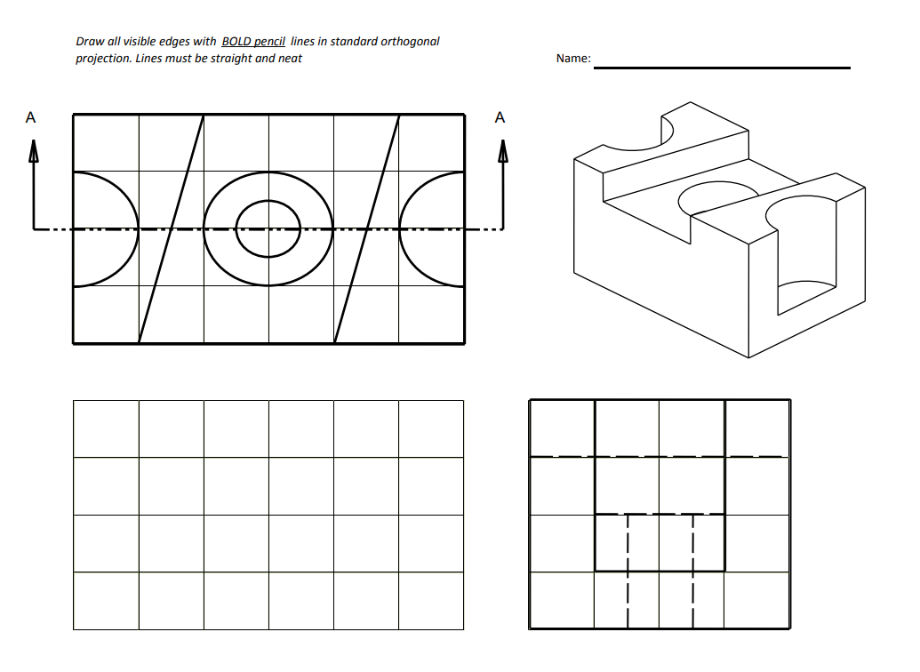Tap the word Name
(x=572, y=59)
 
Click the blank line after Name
(x=721, y=67)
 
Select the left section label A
(x=31, y=117)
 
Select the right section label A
(x=500, y=117)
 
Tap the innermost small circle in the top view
(x=268, y=229)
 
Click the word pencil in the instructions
(x=269, y=42)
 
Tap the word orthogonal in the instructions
(x=410, y=42)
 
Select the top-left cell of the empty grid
(x=106, y=428)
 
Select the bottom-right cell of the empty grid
(x=431, y=601)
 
